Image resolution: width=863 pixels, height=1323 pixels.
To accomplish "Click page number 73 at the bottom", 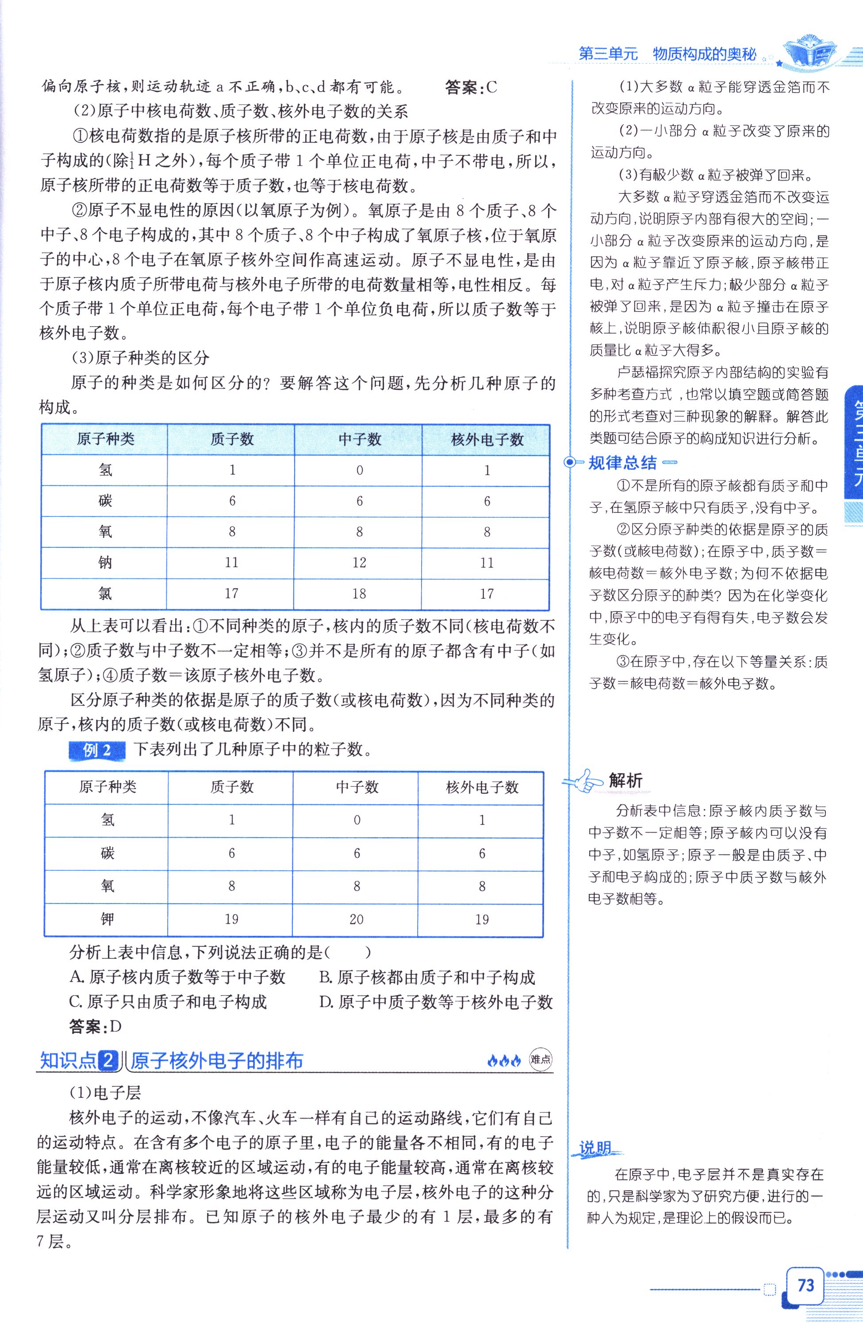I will [x=805, y=1285].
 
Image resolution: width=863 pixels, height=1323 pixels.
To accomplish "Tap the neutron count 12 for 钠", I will [x=359, y=562].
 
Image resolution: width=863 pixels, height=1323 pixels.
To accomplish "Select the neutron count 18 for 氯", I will [x=359, y=594].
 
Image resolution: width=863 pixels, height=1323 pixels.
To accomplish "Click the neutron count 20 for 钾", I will [x=356, y=919].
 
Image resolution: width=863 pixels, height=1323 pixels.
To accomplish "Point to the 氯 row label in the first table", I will [x=105, y=594].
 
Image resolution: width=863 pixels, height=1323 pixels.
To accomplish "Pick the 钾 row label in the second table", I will [x=107, y=919].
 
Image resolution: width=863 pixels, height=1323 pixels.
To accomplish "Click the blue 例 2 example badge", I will [x=97, y=750].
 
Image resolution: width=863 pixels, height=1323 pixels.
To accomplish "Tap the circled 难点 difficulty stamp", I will [x=540, y=1060].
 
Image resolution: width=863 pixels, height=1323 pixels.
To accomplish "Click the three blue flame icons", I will [x=504, y=1061].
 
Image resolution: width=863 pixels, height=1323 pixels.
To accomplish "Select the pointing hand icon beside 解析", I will [x=583, y=781].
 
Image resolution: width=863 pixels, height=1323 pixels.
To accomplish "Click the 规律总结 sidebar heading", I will [x=622, y=462].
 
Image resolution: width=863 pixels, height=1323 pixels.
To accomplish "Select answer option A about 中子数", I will [x=177, y=977].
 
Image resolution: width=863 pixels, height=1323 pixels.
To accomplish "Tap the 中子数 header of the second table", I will [x=357, y=787].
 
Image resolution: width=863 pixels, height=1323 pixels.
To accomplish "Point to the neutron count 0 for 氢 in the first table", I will [x=360, y=470].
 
